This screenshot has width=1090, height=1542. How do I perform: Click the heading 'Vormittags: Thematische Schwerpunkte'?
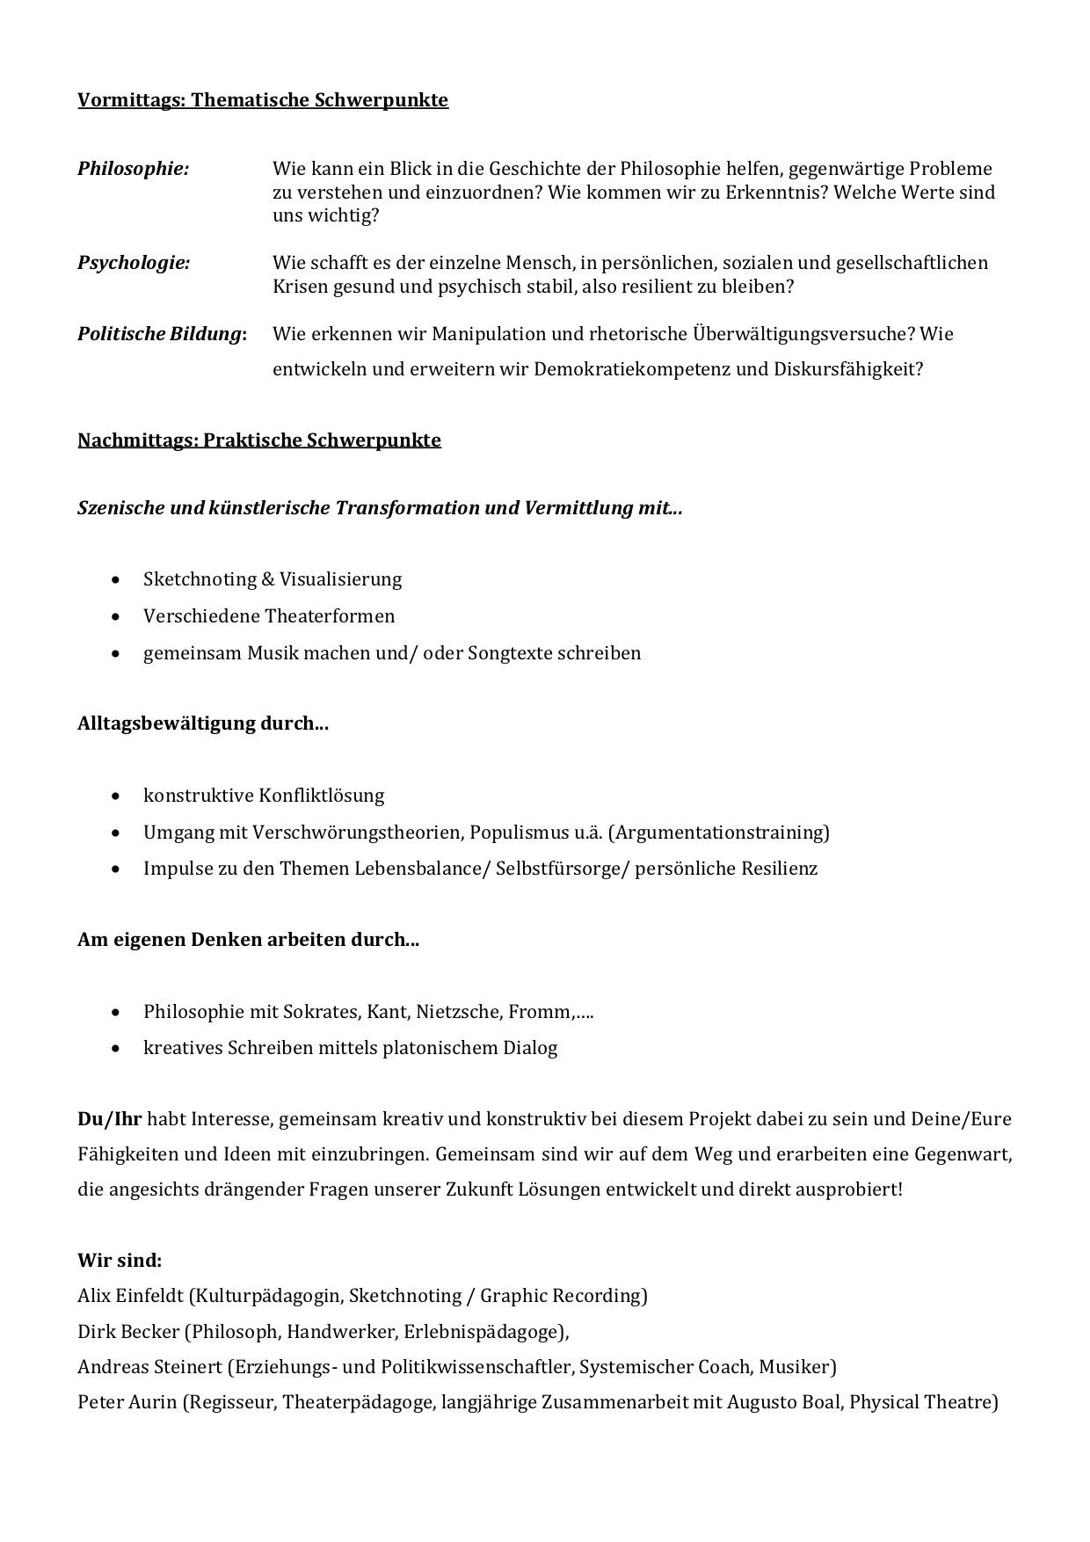(x=263, y=100)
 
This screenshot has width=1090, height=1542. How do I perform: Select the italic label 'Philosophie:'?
(x=134, y=168)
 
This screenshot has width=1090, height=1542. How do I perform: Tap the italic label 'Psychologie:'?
(x=134, y=262)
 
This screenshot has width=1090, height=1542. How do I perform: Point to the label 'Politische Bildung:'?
(x=162, y=334)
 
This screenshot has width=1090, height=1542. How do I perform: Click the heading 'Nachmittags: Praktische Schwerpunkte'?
(x=259, y=440)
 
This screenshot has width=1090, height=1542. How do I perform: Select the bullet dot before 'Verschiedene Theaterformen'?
(x=118, y=617)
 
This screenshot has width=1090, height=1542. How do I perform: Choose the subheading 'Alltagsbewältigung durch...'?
(x=203, y=724)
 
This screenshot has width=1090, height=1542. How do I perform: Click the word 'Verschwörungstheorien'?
(x=358, y=832)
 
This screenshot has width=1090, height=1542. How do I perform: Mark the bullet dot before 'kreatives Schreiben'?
(x=118, y=1049)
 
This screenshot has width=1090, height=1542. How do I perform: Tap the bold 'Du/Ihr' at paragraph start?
(x=110, y=1119)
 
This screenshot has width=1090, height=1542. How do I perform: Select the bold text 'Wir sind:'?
(x=120, y=1260)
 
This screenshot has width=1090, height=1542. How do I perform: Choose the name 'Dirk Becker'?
(x=128, y=1332)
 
